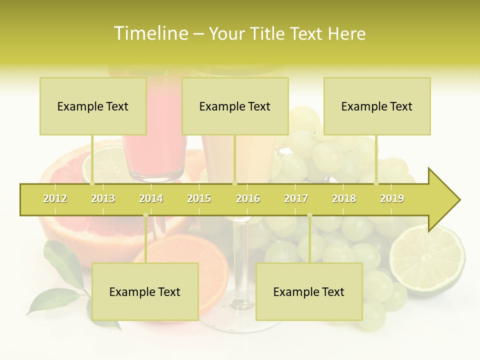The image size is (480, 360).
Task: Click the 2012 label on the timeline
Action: pos(55,198)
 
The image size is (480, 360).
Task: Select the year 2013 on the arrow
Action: pos(103,198)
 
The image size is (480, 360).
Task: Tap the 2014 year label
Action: pos(151,198)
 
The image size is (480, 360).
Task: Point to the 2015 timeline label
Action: pos(199,198)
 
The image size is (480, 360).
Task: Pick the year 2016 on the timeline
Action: pos(248,198)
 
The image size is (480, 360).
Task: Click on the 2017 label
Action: pos(296,198)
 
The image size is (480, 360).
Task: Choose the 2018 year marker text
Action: pos(344,198)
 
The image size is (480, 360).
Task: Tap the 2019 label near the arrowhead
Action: pos(392,198)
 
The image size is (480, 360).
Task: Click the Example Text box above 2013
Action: pos(93,106)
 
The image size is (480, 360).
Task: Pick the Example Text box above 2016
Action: pos(235,106)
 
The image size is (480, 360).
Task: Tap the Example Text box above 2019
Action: pos(377,106)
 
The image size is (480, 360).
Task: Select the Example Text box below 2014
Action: pos(145,291)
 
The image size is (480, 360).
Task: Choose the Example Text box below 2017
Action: pos(309,291)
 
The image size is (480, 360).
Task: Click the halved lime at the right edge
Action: pos(427,260)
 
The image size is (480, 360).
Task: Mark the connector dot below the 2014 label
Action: pos(145,215)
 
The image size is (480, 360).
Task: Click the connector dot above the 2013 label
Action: pos(92,183)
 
